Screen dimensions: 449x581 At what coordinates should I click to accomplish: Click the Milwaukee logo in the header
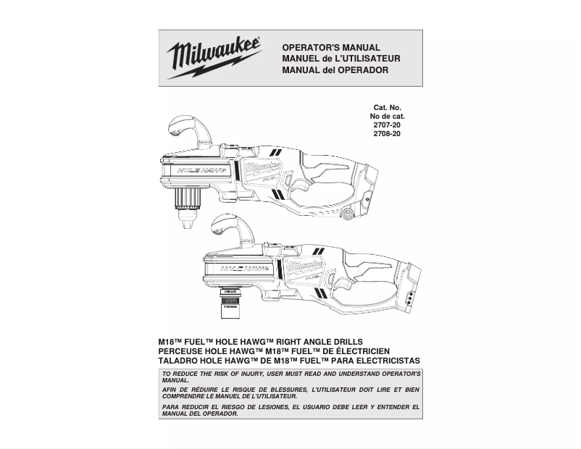214,58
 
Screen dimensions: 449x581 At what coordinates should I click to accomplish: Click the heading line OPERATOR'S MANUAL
331,46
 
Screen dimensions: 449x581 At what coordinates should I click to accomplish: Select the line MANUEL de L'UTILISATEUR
340,58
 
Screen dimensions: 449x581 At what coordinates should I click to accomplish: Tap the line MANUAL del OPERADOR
335,70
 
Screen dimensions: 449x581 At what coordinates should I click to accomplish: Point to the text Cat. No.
388,108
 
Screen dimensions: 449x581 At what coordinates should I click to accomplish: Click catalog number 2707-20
387,125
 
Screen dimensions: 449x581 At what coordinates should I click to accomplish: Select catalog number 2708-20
387,134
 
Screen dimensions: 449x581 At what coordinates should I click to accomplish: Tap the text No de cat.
388,117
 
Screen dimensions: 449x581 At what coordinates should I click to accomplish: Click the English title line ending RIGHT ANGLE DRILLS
261,342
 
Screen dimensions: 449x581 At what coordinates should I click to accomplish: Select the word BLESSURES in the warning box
275,390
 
